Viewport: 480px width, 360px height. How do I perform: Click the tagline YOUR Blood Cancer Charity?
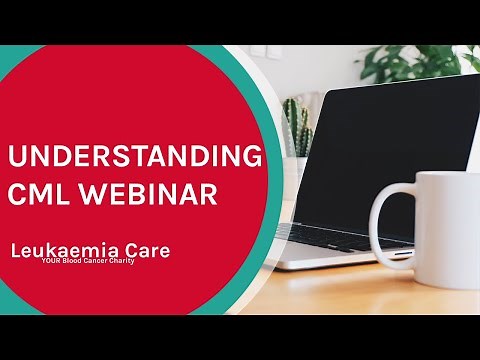(x=115, y=265)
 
